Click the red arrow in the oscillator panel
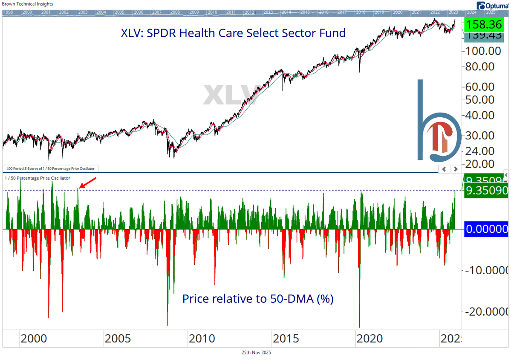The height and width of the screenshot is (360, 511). click(88, 183)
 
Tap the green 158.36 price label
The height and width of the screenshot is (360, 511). click(484, 24)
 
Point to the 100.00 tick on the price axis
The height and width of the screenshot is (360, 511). click(484, 51)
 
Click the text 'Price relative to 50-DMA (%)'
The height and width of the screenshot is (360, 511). click(258, 299)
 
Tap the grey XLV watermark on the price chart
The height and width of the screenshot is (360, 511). click(230, 95)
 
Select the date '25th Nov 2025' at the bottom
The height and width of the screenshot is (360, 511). click(255, 352)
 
